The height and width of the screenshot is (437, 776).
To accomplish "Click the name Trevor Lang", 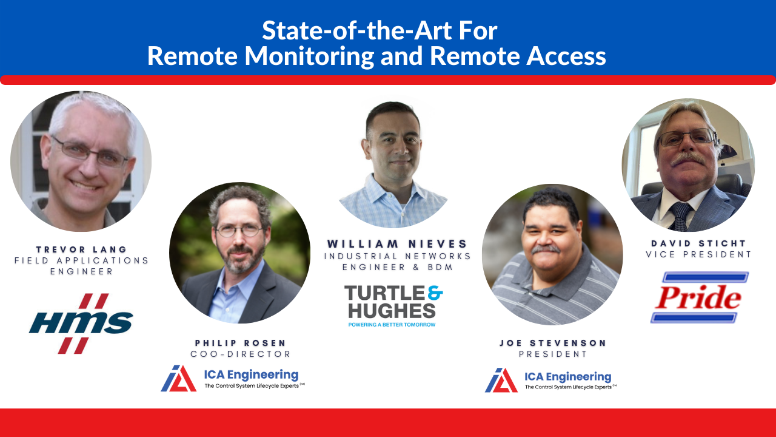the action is pyautogui.click(x=81, y=249).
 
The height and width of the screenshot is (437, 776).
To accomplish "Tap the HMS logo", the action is pyautogui.click(x=81, y=324).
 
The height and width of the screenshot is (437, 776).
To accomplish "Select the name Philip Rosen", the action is pyautogui.click(x=241, y=343).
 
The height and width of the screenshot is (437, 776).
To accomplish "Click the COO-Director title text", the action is pyautogui.click(x=241, y=354).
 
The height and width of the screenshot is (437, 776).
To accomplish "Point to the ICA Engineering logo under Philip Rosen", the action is pyautogui.click(x=233, y=378).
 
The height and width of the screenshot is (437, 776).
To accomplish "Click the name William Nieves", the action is pyautogui.click(x=397, y=244).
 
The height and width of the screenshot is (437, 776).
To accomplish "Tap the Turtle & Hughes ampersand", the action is pyautogui.click(x=435, y=293).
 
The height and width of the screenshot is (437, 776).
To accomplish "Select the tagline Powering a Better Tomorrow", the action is pyautogui.click(x=392, y=325).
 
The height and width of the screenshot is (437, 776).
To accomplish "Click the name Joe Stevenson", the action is pyautogui.click(x=553, y=343).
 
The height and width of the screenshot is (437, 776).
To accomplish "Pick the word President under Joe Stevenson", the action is pyautogui.click(x=553, y=354).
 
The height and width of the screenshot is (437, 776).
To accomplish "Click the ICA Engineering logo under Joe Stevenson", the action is pyautogui.click(x=551, y=380).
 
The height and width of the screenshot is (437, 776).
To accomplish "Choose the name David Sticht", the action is pyautogui.click(x=698, y=243).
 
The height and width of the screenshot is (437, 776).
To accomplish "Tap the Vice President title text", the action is pyautogui.click(x=698, y=254).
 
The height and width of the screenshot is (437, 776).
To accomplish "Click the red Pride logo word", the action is pyautogui.click(x=698, y=297).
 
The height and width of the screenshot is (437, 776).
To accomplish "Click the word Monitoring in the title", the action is pyautogui.click(x=309, y=56).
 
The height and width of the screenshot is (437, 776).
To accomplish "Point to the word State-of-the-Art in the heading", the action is pyautogui.click(x=356, y=30).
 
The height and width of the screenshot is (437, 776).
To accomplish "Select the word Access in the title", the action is pyautogui.click(x=566, y=56).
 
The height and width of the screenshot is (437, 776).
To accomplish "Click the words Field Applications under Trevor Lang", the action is pyautogui.click(x=81, y=260).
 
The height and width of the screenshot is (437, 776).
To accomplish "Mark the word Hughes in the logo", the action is pyautogui.click(x=392, y=311).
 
